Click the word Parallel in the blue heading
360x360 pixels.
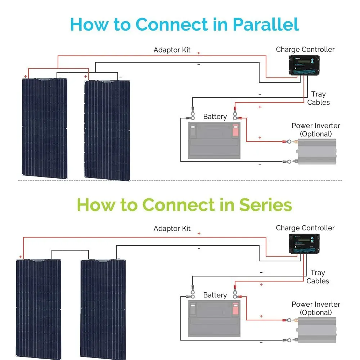point(266,24)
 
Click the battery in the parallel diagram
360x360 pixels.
point(214,140)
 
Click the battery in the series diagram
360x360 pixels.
point(214,319)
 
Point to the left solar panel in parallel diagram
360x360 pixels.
point(45,128)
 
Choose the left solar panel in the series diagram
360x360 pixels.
point(39,308)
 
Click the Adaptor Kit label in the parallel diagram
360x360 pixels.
point(172,50)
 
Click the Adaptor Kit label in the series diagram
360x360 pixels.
point(172,229)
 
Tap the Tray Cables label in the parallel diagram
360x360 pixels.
point(318,98)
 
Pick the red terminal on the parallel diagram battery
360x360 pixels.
point(235,130)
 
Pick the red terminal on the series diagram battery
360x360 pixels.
point(235,309)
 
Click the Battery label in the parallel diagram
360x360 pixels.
point(215,117)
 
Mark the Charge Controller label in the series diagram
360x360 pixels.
point(305,228)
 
